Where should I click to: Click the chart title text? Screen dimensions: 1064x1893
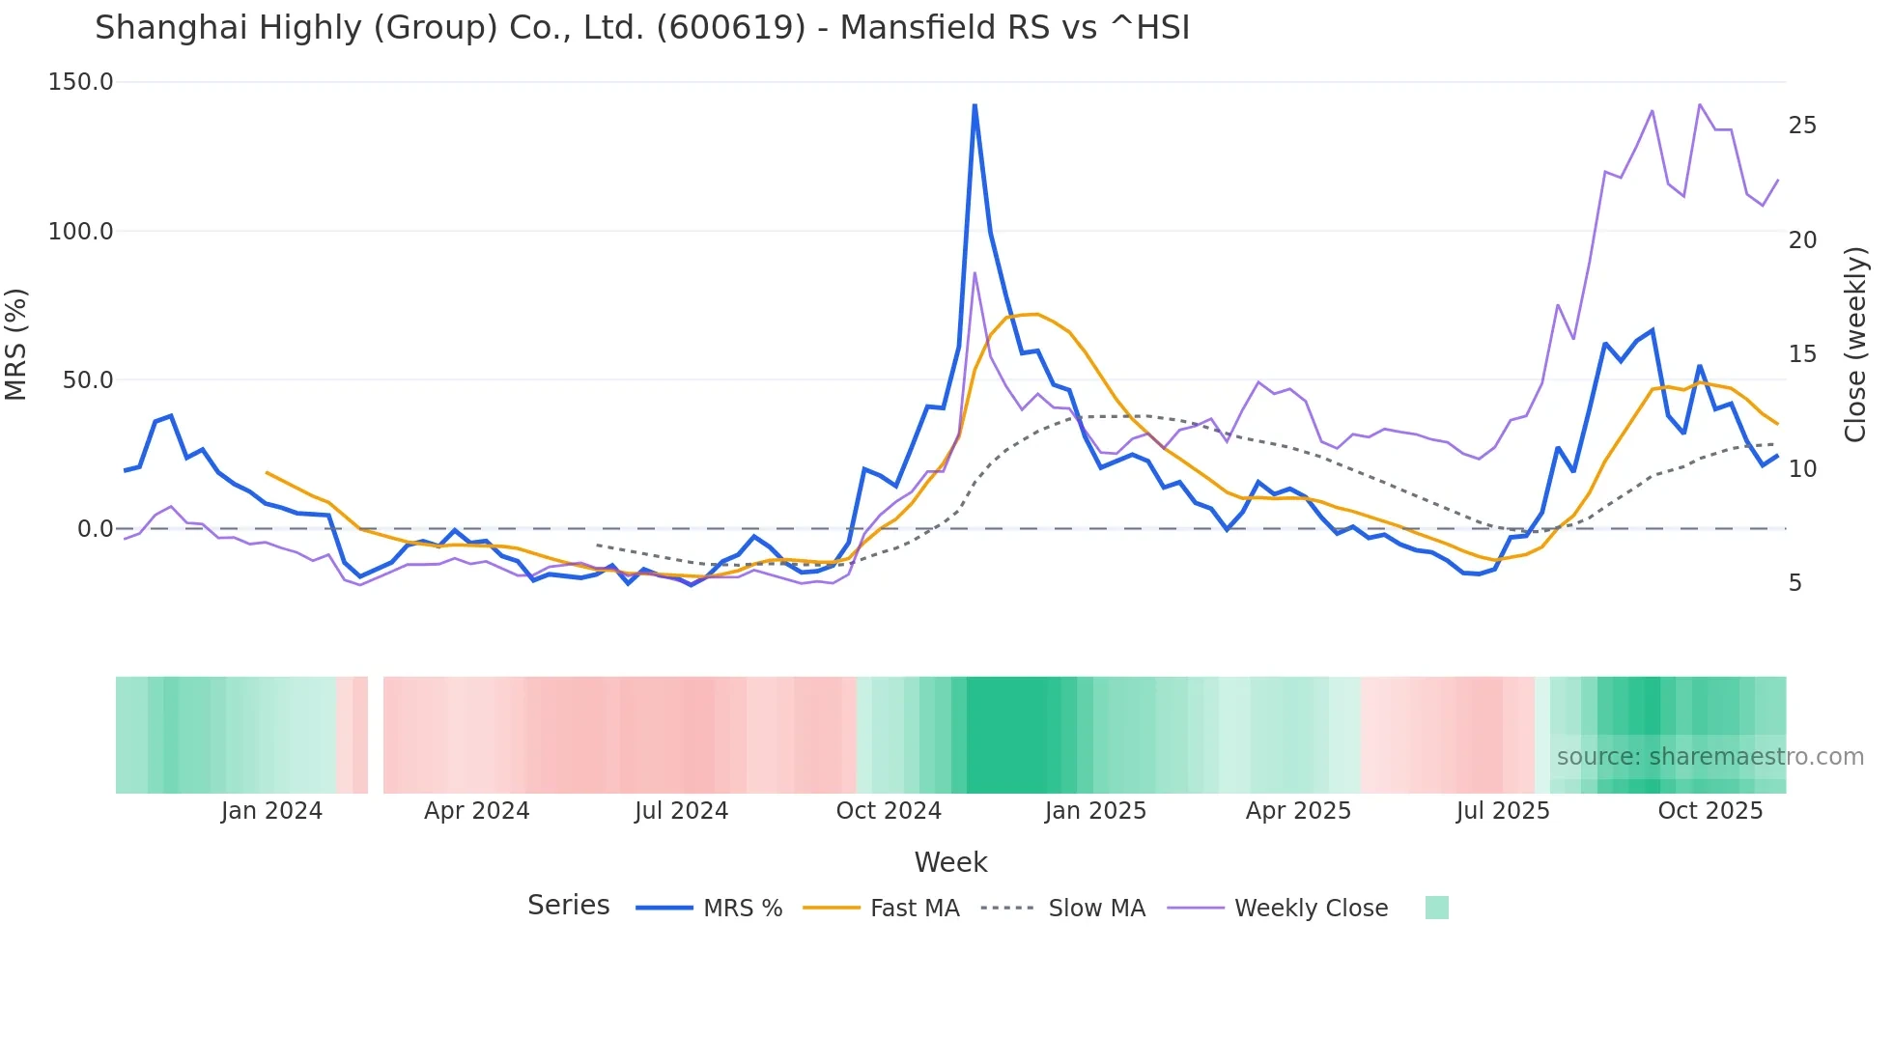(642, 28)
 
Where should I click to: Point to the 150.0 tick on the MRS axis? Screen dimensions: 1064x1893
(81, 82)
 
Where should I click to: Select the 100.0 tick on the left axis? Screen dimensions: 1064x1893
(81, 232)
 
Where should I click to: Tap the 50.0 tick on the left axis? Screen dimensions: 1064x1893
(88, 380)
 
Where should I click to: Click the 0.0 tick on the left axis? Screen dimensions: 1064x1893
(95, 529)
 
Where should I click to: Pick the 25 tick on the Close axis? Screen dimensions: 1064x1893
(1802, 126)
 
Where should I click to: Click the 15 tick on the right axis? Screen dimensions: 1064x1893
(1802, 354)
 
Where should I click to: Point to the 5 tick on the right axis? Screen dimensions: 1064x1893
(1795, 583)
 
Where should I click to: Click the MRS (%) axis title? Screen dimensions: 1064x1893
(16, 345)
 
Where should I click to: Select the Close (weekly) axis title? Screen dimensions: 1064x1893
(1855, 345)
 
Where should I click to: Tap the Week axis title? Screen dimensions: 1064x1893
(950, 862)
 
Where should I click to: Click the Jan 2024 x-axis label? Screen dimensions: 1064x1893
(271, 811)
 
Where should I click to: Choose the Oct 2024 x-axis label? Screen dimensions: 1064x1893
(889, 811)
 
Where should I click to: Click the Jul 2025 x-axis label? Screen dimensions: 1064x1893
(1503, 811)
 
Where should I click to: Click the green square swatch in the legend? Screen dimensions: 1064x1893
(1436, 908)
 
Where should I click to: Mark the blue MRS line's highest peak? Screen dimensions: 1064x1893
(975, 105)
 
